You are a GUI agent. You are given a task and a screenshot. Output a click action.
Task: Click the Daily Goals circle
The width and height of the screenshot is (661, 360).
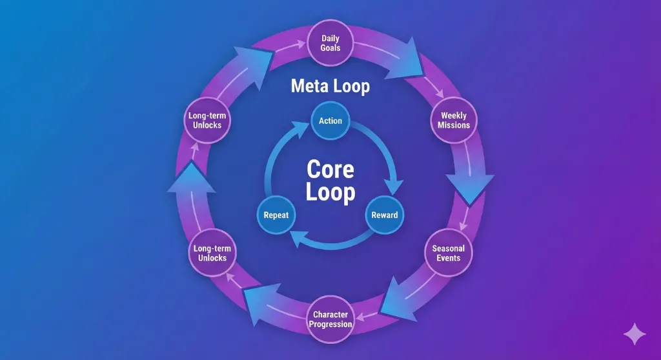[x=330, y=43]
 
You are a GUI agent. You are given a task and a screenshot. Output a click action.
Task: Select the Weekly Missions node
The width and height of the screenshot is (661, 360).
[x=454, y=120]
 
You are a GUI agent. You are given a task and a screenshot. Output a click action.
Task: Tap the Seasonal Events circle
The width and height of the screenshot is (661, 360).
[x=448, y=253]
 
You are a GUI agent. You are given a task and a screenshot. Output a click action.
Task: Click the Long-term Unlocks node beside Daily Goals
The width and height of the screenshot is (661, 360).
[x=207, y=120]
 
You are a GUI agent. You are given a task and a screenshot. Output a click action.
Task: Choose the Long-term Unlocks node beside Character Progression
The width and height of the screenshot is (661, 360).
[x=212, y=253]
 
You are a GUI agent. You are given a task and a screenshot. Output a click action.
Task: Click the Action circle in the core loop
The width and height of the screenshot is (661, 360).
[x=330, y=121]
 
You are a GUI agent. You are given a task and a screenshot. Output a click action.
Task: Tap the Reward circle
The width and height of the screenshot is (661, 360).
[x=385, y=214]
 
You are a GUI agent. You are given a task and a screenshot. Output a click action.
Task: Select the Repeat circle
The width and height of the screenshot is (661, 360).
[x=276, y=214]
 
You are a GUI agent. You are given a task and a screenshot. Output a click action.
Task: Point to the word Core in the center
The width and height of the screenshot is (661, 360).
[x=330, y=169]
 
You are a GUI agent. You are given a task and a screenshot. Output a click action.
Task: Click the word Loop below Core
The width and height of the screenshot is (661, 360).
[x=330, y=192]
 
